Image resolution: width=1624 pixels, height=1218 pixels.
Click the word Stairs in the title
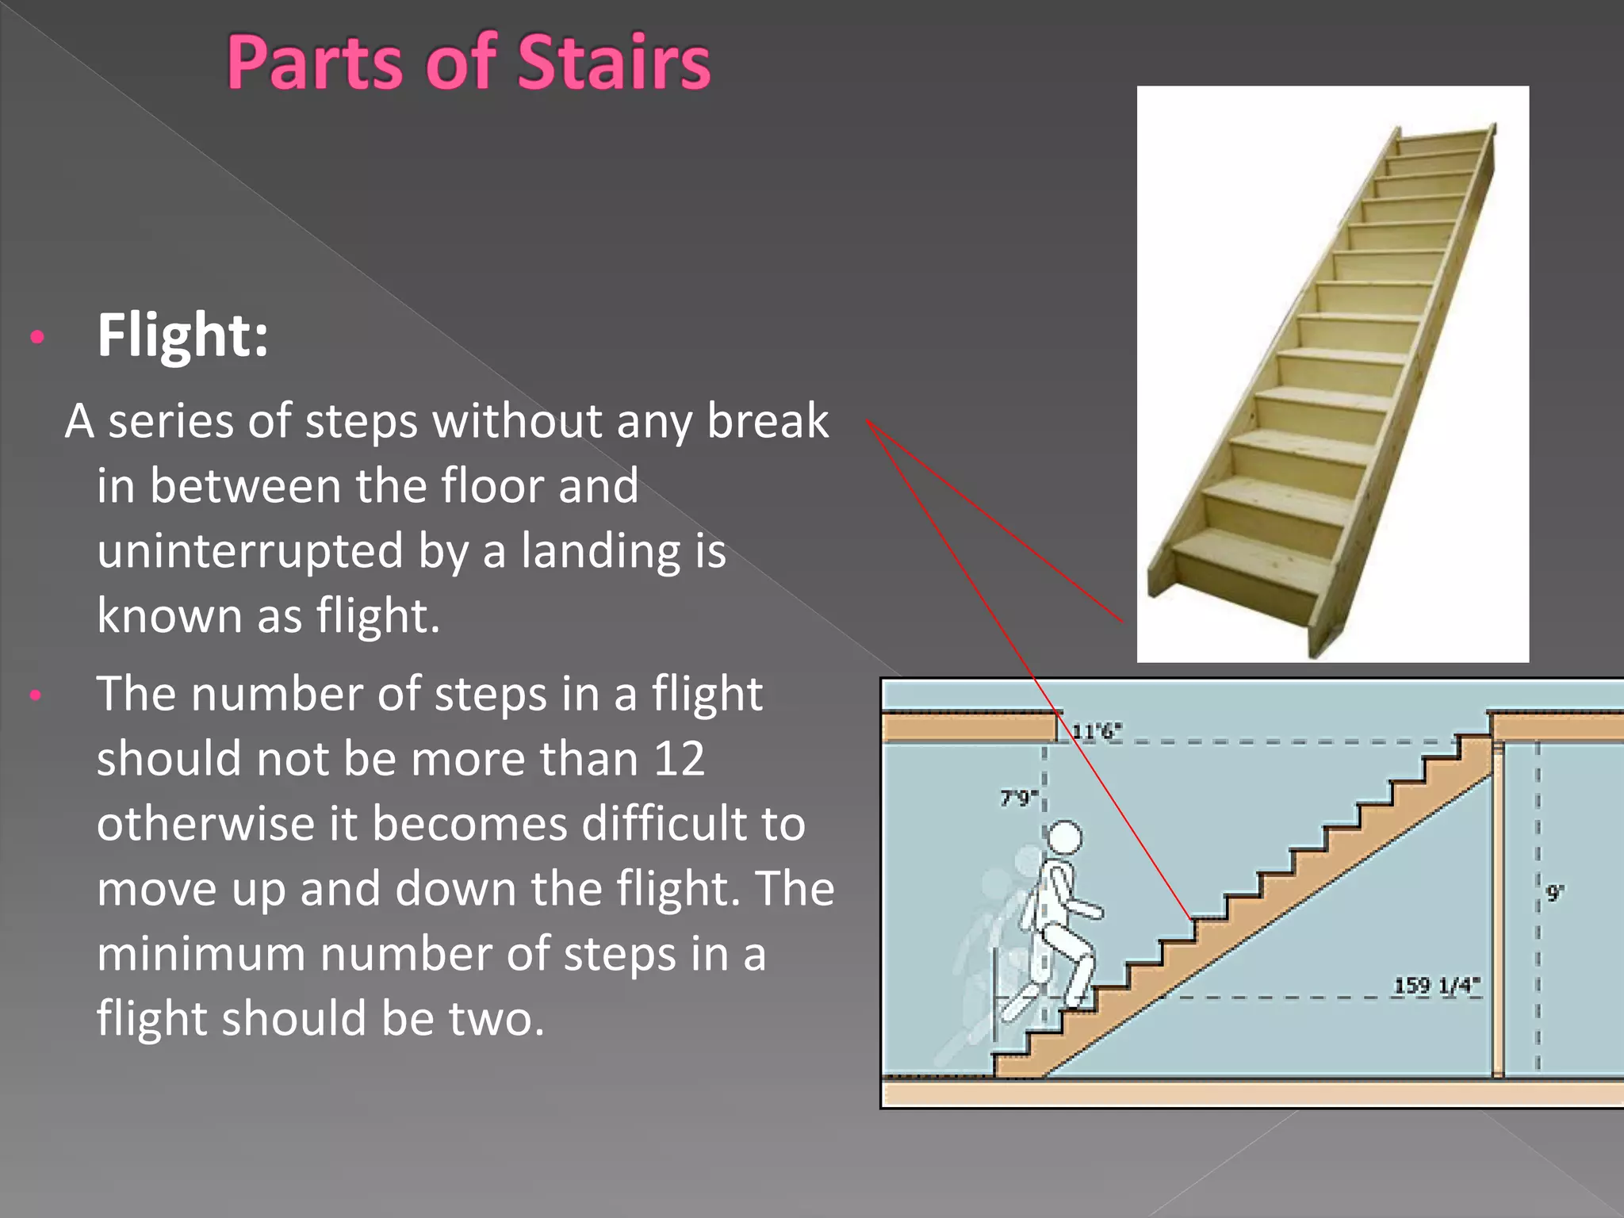(x=614, y=63)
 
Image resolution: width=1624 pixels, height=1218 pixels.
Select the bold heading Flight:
(x=182, y=335)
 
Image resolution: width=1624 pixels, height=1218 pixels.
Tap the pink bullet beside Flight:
(x=36, y=338)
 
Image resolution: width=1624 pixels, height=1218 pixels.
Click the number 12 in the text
(x=679, y=759)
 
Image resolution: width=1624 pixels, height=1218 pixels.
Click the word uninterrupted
(x=250, y=550)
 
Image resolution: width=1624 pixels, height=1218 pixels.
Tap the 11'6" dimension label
(x=1096, y=731)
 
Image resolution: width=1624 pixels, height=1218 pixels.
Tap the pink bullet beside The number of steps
(x=36, y=695)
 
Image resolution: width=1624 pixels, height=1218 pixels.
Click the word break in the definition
(x=767, y=420)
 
